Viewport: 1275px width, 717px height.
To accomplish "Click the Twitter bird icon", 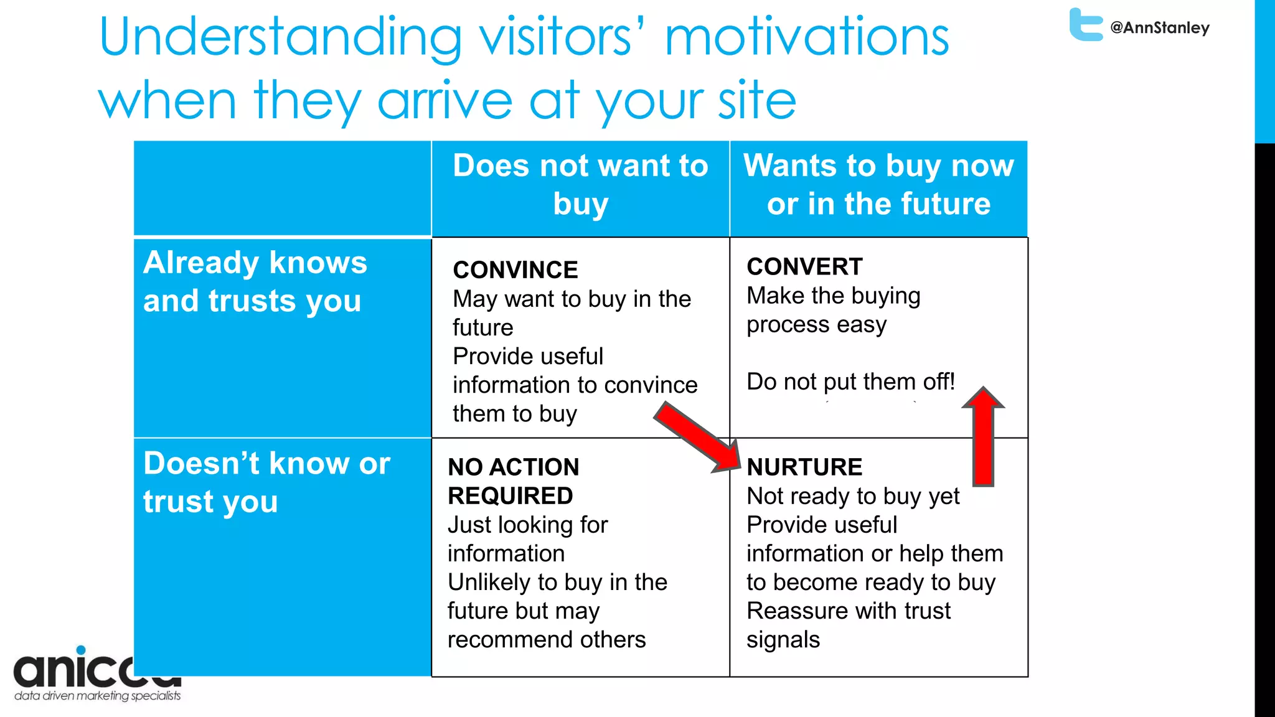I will point(1086,25).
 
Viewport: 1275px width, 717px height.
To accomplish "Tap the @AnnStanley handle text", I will point(1160,28).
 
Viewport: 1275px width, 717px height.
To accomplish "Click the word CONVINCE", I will point(515,270).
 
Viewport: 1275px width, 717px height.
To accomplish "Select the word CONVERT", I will point(804,266).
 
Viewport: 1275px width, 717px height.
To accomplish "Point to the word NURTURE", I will point(804,467).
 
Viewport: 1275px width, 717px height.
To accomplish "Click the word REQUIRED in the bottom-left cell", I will point(510,496).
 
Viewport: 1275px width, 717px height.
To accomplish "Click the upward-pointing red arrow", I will point(983,436).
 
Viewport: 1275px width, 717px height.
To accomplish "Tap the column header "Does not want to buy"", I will point(580,185).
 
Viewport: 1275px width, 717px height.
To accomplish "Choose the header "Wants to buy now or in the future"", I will point(878,185).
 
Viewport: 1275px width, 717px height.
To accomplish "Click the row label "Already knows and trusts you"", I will point(255,281).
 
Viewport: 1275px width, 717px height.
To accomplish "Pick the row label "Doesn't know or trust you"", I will point(266,482).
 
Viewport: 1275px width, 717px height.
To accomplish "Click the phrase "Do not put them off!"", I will point(850,382).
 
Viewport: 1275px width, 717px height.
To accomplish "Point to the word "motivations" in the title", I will point(807,37).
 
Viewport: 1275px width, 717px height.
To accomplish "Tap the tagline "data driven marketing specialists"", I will point(97,696).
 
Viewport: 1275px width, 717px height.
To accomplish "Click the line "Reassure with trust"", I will point(848,611).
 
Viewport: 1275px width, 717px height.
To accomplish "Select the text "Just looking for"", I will point(527,525).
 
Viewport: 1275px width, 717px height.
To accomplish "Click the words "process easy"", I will point(816,325).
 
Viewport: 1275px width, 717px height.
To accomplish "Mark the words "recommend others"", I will point(546,640).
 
